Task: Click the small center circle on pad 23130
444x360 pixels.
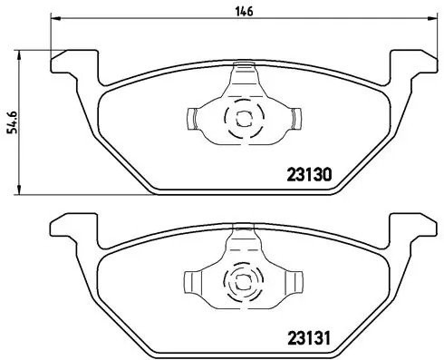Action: click(x=243, y=116)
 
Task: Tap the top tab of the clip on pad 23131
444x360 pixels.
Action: click(x=243, y=235)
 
